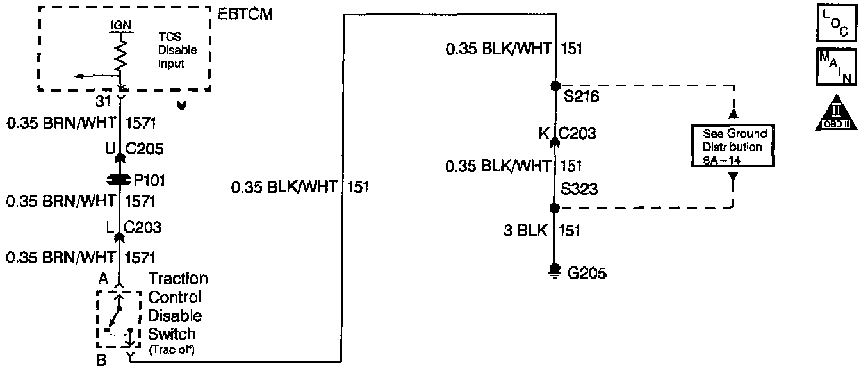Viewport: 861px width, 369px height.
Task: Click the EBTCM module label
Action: (246, 15)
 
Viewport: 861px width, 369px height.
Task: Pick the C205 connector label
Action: (143, 149)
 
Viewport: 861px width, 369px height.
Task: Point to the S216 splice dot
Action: (555, 85)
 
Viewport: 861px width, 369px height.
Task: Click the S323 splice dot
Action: (555, 208)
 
